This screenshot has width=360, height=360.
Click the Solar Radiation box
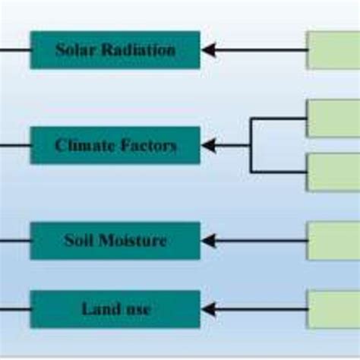point(115,50)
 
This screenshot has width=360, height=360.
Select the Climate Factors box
point(115,145)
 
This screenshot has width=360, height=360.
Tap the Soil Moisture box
point(115,241)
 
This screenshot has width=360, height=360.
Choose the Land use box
point(115,309)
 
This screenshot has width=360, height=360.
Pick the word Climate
point(81,145)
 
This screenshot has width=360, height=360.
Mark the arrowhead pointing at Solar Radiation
point(209,50)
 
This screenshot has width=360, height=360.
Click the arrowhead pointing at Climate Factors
point(209,145)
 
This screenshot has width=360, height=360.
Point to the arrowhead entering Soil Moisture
point(209,241)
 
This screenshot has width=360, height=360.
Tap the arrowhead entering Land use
point(209,309)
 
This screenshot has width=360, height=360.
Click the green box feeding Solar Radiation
point(333,50)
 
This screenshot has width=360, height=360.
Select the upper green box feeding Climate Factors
point(333,118)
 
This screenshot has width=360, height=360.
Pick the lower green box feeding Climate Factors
point(333,172)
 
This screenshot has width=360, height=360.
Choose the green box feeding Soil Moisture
point(333,241)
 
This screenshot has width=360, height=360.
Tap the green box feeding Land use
point(333,309)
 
